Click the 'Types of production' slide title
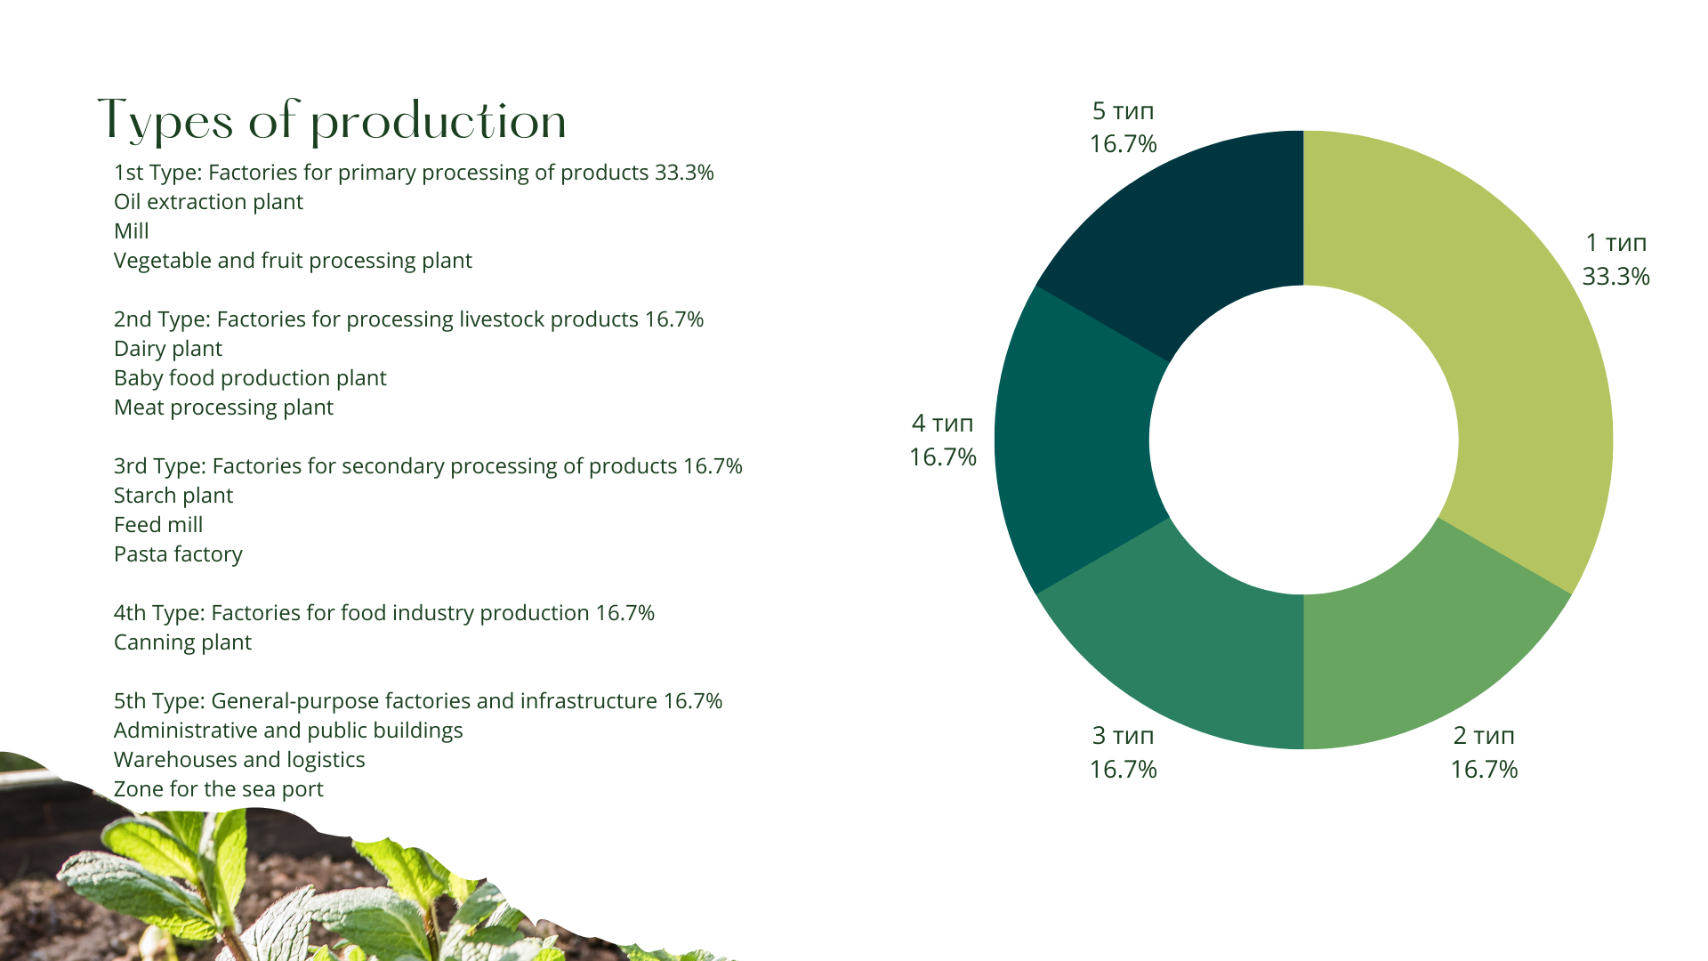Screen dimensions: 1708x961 (x=332, y=121)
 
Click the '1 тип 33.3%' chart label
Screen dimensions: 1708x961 (x=1615, y=259)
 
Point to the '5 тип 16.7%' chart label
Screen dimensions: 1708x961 (x=1124, y=127)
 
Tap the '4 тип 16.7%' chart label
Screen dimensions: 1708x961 (x=943, y=440)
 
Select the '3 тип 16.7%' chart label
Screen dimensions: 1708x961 (x=1124, y=752)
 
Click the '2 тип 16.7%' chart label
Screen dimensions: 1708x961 (x=1484, y=752)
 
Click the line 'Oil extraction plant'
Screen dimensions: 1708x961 (x=208, y=202)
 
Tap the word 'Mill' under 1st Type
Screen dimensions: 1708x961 (x=132, y=231)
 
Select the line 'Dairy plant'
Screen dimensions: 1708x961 (x=168, y=349)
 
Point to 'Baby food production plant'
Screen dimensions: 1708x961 (x=250, y=378)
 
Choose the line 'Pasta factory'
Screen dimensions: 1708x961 (x=178, y=554)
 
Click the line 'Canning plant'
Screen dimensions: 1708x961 (x=182, y=642)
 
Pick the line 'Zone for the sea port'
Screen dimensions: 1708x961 (x=219, y=789)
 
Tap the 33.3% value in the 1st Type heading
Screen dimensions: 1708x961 (x=684, y=173)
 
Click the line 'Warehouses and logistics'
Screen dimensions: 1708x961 (x=239, y=760)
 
